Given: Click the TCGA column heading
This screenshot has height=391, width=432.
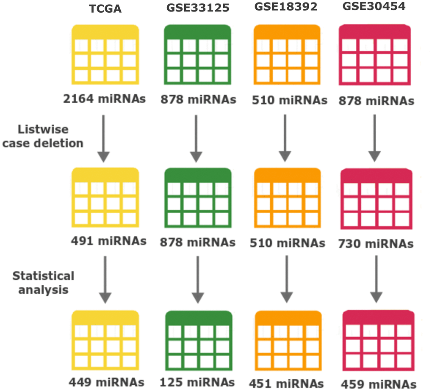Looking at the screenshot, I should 105,9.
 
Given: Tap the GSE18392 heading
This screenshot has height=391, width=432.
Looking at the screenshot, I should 287,8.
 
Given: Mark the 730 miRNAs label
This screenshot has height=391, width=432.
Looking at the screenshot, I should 376,244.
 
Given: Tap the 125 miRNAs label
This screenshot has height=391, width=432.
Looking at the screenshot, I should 197,382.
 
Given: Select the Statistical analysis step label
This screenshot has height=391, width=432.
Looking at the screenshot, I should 43,283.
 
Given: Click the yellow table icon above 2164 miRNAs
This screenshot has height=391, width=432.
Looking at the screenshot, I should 105,54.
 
